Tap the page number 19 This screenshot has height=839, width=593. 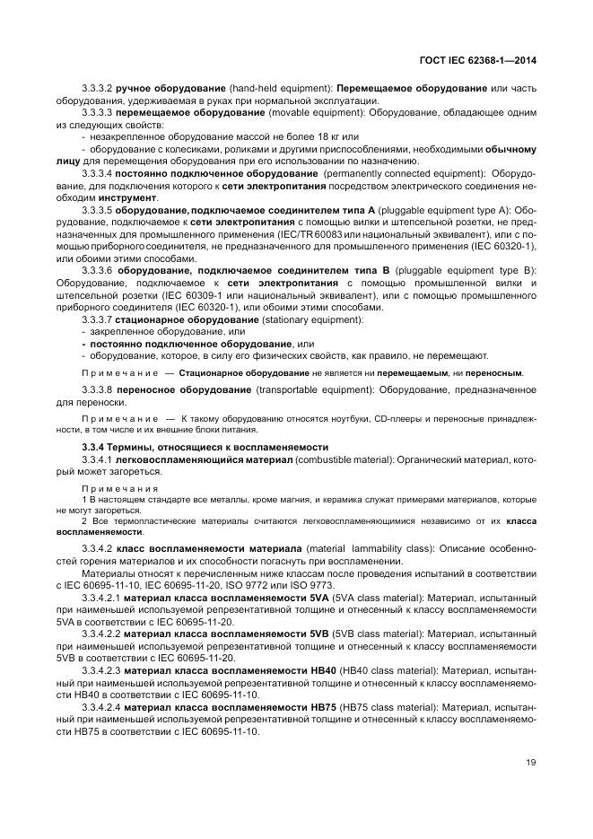531,762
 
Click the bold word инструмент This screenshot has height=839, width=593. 131,197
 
